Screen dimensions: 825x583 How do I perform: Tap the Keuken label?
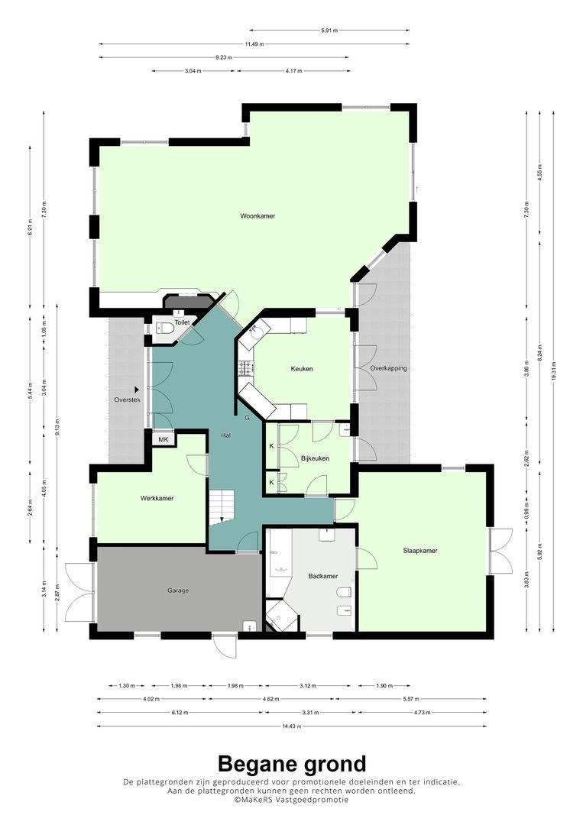coord(302,369)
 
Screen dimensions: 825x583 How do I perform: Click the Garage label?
coord(178,590)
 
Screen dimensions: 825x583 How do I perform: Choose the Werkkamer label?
coord(157,498)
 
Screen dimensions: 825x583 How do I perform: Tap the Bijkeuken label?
coord(315,458)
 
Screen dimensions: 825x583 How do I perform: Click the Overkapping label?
coord(388,369)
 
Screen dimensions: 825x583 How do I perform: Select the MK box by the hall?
coord(163,439)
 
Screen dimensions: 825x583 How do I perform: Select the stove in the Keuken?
coord(246,368)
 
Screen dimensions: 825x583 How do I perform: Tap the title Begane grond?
coord(292,763)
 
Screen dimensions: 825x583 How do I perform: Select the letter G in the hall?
coord(247,419)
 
